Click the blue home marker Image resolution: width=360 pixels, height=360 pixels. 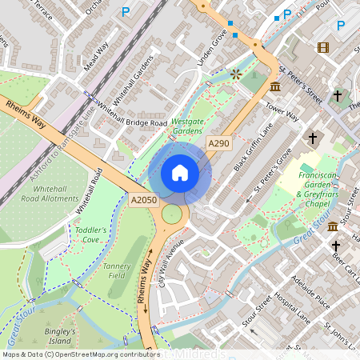pyautogui.click(x=180, y=172)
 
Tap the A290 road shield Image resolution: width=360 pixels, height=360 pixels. pyautogui.click(x=218, y=142)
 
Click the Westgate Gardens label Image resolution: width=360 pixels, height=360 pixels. pyautogui.click(x=188, y=125)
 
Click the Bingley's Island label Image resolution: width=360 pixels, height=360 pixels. pyautogui.click(x=60, y=335)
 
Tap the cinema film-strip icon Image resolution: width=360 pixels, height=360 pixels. pyautogui.click(x=322, y=47)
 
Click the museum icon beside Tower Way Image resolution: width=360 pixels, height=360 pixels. pyautogui.click(x=275, y=86)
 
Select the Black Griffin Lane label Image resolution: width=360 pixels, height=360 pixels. pyautogui.click(x=253, y=146)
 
